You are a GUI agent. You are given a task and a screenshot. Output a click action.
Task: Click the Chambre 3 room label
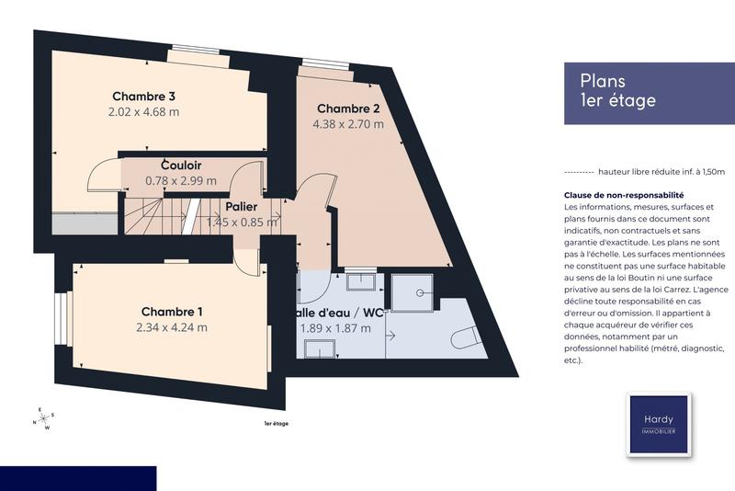click(144, 96)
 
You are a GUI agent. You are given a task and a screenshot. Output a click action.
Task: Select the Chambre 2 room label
click(348, 108)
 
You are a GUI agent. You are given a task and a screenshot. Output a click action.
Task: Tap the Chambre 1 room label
click(172, 311)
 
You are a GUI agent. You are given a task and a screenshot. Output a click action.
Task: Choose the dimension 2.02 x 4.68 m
click(143, 112)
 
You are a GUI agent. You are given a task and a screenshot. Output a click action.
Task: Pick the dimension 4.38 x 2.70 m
click(348, 124)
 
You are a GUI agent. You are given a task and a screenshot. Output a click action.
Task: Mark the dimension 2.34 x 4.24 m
click(172, 327)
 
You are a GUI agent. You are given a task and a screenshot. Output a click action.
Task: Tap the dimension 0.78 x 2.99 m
click(181, 181)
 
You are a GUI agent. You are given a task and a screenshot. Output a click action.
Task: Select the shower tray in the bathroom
click(415, 294)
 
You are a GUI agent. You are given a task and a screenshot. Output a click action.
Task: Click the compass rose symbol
click(43, 419)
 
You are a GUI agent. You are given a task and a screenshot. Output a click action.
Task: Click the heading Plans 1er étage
click(618, 91)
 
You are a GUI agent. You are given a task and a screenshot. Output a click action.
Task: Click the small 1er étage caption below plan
click(276, 423)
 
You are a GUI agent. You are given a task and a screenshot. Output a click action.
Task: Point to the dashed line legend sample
click(577, 172)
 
